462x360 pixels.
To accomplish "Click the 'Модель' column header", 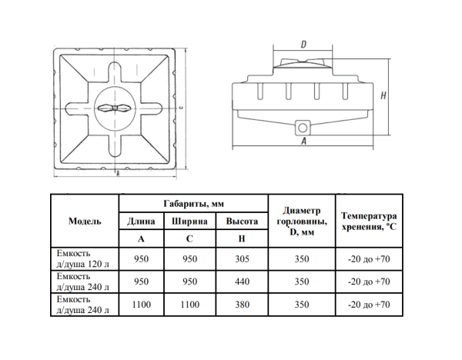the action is point(85,221).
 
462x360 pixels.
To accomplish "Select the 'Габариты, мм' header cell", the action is point(193,203).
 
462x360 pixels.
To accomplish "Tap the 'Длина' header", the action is point(141,221).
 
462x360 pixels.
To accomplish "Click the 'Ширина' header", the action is point(189,221).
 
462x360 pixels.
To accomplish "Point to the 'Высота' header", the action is point(242,221).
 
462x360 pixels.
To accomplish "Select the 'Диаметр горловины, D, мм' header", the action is point(302,222).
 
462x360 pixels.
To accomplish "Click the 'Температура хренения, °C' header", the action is point(369,222).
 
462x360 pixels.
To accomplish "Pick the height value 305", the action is point(242,259).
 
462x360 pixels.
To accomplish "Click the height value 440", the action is point(242,282).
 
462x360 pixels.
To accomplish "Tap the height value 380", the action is point(242,305).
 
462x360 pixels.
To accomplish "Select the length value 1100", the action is point(142,305).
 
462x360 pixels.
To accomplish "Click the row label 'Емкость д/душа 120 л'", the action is point(83,258).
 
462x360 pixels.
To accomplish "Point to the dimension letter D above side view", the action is point(303,45).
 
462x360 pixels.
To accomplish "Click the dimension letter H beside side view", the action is point(383,95).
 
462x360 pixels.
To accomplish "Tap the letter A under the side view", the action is point(304,142).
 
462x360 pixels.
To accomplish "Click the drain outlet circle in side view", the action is point(303,128).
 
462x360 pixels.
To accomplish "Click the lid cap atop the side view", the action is point(303,63).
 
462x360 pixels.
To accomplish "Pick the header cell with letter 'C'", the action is point(189,238).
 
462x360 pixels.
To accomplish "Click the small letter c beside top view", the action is point(182,108).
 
